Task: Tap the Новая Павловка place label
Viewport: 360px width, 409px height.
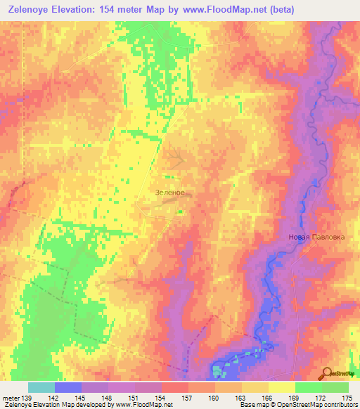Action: pos(316,237)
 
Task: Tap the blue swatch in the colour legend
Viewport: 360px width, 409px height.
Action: pos(68,387)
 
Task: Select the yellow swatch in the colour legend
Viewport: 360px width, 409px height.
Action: pos(282,387)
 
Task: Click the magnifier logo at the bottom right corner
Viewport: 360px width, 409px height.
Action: pos(327,373)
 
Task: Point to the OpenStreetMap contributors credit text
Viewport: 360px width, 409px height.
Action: pos(323,405)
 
